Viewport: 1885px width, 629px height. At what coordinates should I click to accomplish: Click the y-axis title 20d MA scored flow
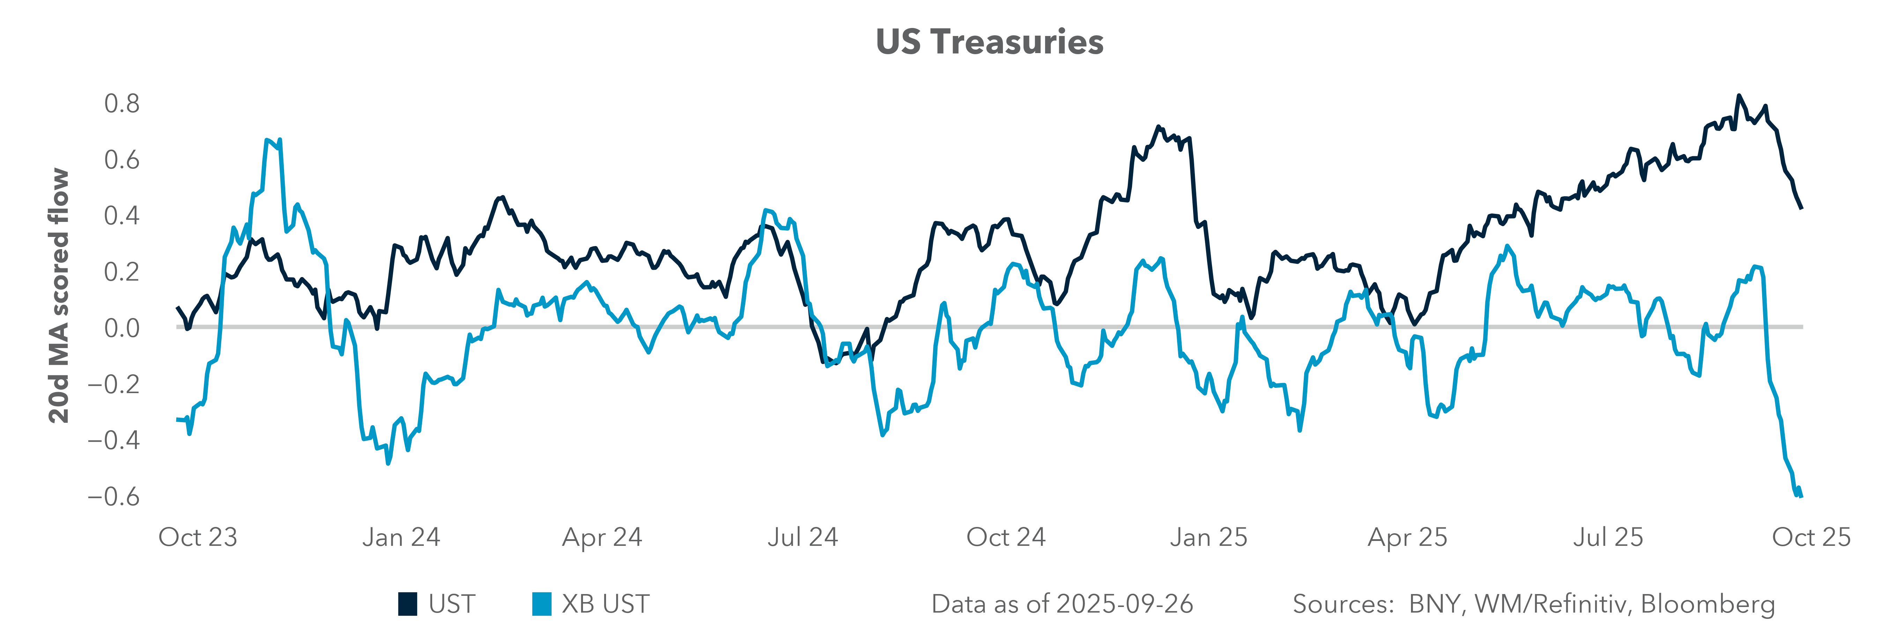pos(59,296)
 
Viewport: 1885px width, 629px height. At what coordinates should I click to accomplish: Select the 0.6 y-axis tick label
pos(121,160)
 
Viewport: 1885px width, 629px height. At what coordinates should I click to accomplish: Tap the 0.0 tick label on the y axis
pos(121,328)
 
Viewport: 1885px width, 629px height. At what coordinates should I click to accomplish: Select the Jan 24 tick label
pos(401,537)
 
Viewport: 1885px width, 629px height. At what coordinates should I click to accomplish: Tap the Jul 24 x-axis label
pos(803,537)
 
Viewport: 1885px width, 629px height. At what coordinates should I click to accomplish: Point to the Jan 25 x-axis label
pos(1208,537)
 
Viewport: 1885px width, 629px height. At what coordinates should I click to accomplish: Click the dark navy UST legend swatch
pos(408,604)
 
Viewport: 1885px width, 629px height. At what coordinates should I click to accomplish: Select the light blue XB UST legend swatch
pos(541,604)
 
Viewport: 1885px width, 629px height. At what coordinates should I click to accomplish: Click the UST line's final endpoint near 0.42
pos(1801,208)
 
